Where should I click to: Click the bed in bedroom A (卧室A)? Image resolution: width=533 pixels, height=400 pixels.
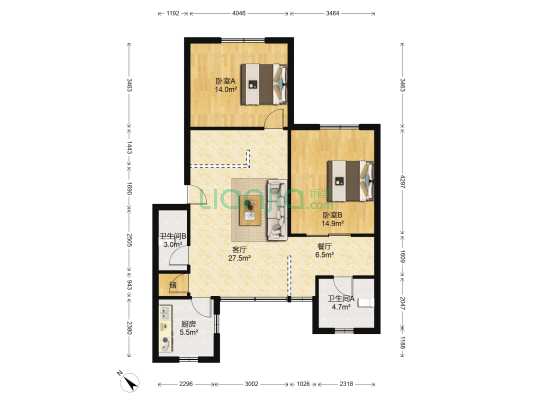click(x=266, y=83)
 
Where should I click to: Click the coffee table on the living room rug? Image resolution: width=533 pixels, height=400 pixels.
click(x=249, y=207)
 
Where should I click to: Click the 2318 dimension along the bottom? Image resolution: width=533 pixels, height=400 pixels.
click(x=346, y=383)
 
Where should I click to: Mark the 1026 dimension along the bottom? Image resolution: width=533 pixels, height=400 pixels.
click(x=303, y=383)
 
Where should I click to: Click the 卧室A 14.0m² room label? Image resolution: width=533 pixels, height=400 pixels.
click(x=224, y=85)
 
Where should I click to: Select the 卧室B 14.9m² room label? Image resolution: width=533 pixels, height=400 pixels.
click(x=332, y=218)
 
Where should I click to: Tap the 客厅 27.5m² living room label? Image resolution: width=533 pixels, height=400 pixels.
click(x=240, y=253)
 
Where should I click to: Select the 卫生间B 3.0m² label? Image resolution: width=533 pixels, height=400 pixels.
click(x=172, y=240)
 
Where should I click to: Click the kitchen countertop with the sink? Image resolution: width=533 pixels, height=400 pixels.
click(x=164, y=330)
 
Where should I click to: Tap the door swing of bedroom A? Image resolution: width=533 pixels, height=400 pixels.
click(x=275, y=121)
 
